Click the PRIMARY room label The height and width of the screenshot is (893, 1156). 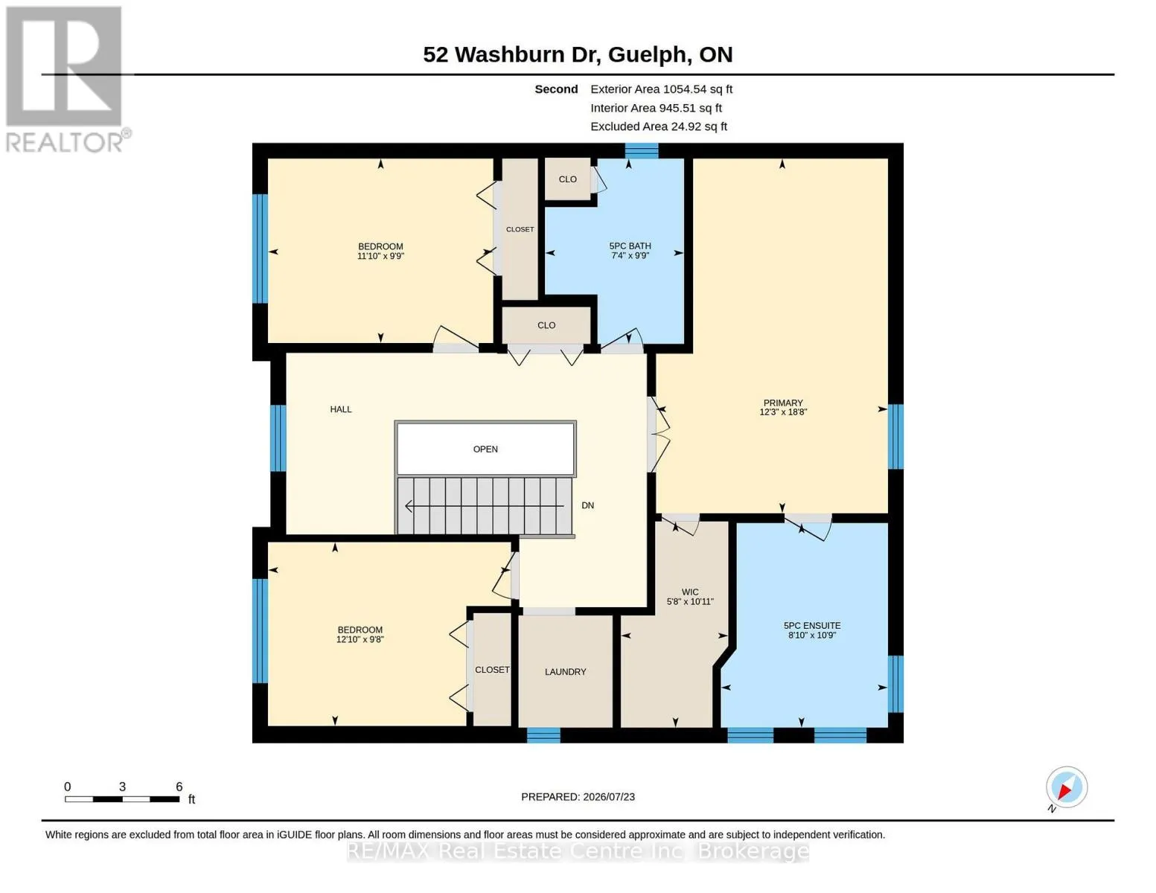[x=782, y=403]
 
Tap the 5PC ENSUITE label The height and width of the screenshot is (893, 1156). [x=812, y=626]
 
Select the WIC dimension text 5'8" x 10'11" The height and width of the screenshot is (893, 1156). [x=690, y=601]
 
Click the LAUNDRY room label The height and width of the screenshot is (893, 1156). [x=565, y=672]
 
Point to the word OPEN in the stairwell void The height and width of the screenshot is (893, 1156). [x=485, y=449]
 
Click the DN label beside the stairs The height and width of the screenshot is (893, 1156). [x=587, y=505]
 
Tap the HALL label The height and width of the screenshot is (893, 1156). [x=340, y=409]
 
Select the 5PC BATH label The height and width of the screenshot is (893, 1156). [x=630, y=246]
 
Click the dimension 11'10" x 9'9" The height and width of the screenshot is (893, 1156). [x=380, y=256]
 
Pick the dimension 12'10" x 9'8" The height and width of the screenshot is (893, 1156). [x=360, y=639]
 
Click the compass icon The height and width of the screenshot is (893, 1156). [x=1066, y=788]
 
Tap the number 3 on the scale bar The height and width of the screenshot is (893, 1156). [x=122, y=787]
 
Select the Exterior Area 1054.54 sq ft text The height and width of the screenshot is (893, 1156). [x=661, y=89]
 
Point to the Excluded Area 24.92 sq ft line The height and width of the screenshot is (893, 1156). [x=659, y=127]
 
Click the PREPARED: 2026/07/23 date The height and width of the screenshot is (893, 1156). [x=578, y=797]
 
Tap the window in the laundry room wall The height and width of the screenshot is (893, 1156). [x=543, y=735]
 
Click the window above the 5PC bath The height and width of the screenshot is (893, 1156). [x=641, y=151]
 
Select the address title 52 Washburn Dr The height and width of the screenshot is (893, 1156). [x=512, y=54]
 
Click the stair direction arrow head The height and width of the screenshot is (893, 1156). [x=409, y=506]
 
